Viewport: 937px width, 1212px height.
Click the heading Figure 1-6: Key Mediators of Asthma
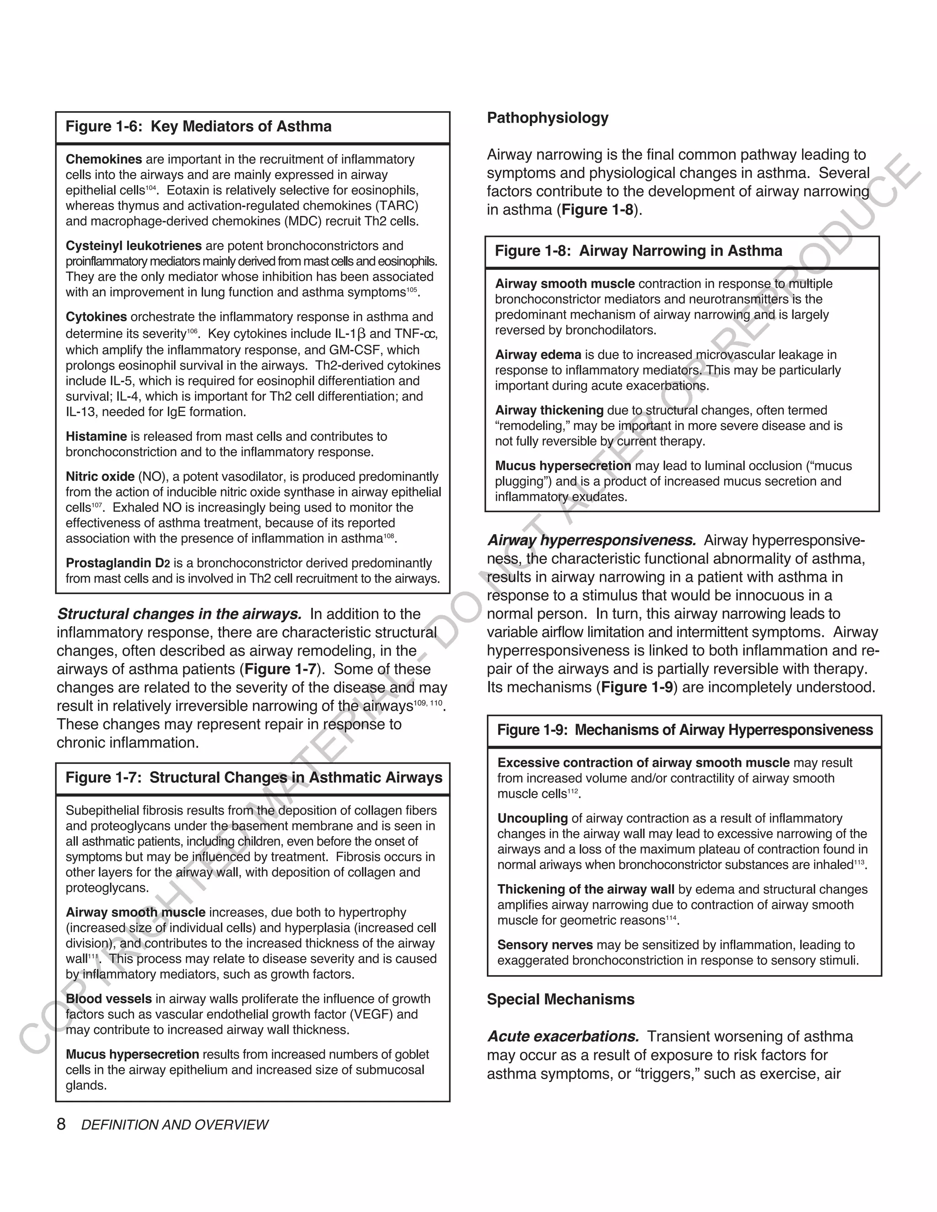click(x=198, y=127)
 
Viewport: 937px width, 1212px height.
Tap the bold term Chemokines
click(x=104, y=159)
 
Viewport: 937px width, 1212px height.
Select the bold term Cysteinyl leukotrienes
click(x=133, y=246)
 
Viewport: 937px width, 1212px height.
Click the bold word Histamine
click(x=96, y=437)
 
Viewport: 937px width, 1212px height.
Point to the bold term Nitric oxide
click(x=100, y=477)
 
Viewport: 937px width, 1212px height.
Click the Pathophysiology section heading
click(x=547, y=118)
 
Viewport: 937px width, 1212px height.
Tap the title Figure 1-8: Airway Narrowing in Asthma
click(x=638, y=251)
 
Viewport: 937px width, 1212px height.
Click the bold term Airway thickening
click(x=549, y=410)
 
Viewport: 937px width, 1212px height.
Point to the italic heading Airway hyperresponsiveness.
click(x=591, y=540)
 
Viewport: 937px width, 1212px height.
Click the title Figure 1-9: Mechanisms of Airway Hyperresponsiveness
click(x=684, y=730)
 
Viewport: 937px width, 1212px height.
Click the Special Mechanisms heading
click(x=560, y=999)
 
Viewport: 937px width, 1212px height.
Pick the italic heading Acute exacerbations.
click(x=563, y=1037)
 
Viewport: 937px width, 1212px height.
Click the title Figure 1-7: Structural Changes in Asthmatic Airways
click(x=253, y=778)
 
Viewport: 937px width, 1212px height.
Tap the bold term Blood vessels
click(x=108, y=999)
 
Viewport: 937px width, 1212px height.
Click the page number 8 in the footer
click(x=61, y=1125)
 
